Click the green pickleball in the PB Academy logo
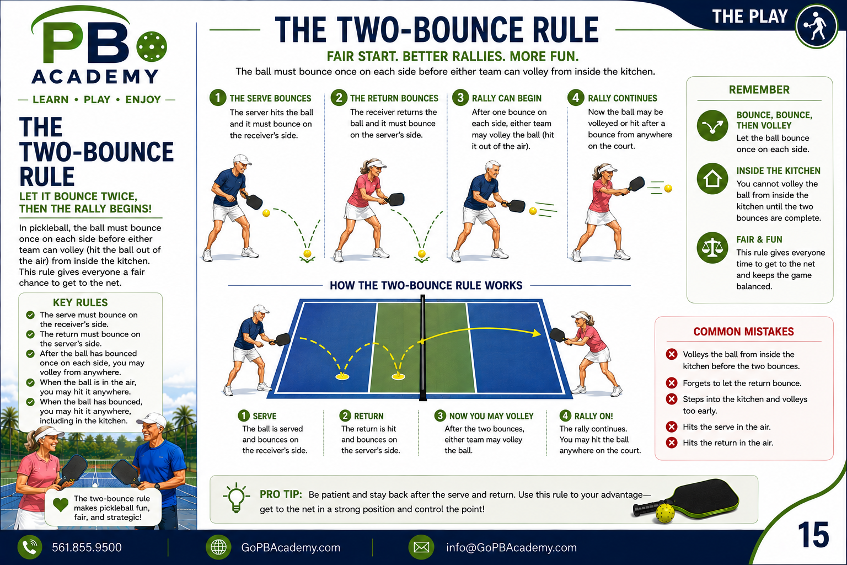pos(151,46)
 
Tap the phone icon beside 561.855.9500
pos(29,547)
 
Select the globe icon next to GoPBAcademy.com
pos(218,547)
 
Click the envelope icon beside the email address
pos(421,547)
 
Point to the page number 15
pos(813,535)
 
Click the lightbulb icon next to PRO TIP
pos(237,497)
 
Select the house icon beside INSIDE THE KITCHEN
pos(712,179)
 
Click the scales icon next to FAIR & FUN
pos(712,248)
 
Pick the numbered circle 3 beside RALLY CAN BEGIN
pos(460,98)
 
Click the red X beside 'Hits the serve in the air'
pos(672,427)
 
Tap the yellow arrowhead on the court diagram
pos(536,333)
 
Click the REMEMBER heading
pos(759,90)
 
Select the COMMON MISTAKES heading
pos(743,332)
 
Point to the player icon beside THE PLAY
pos(816,26)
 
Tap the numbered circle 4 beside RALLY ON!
pos(565,415)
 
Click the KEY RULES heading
pos(80,302)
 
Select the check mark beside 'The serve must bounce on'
pos(30,315)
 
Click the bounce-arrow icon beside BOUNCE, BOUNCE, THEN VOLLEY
pos(712,126)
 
